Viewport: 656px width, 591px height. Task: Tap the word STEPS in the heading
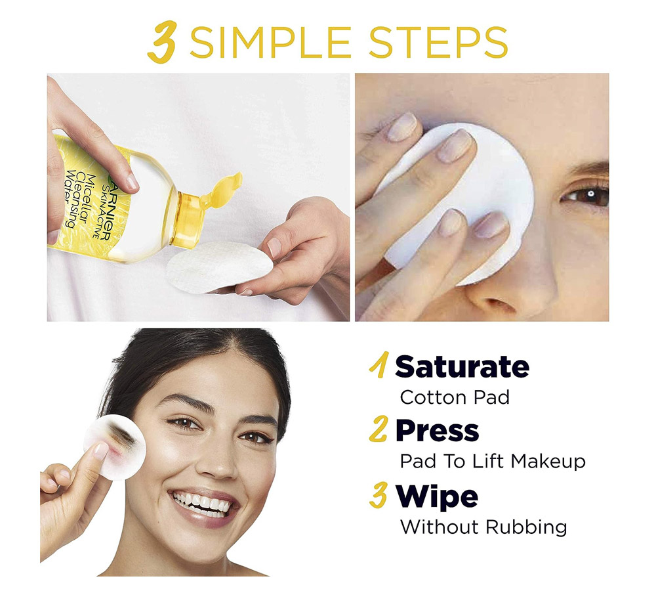[438, 42]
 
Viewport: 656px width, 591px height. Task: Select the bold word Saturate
[462, 366]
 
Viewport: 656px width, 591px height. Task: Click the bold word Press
[437, 431]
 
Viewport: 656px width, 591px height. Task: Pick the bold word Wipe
[436, 496]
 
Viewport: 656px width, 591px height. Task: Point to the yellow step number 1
[379, 366]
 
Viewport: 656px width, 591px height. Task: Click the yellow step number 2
[379, 431]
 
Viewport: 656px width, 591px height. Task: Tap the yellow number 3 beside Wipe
[379, 496]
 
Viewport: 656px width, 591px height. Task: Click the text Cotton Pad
[454, 397]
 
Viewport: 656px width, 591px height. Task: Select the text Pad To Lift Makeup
[492, 462]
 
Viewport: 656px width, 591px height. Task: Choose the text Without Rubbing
[483, 527]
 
